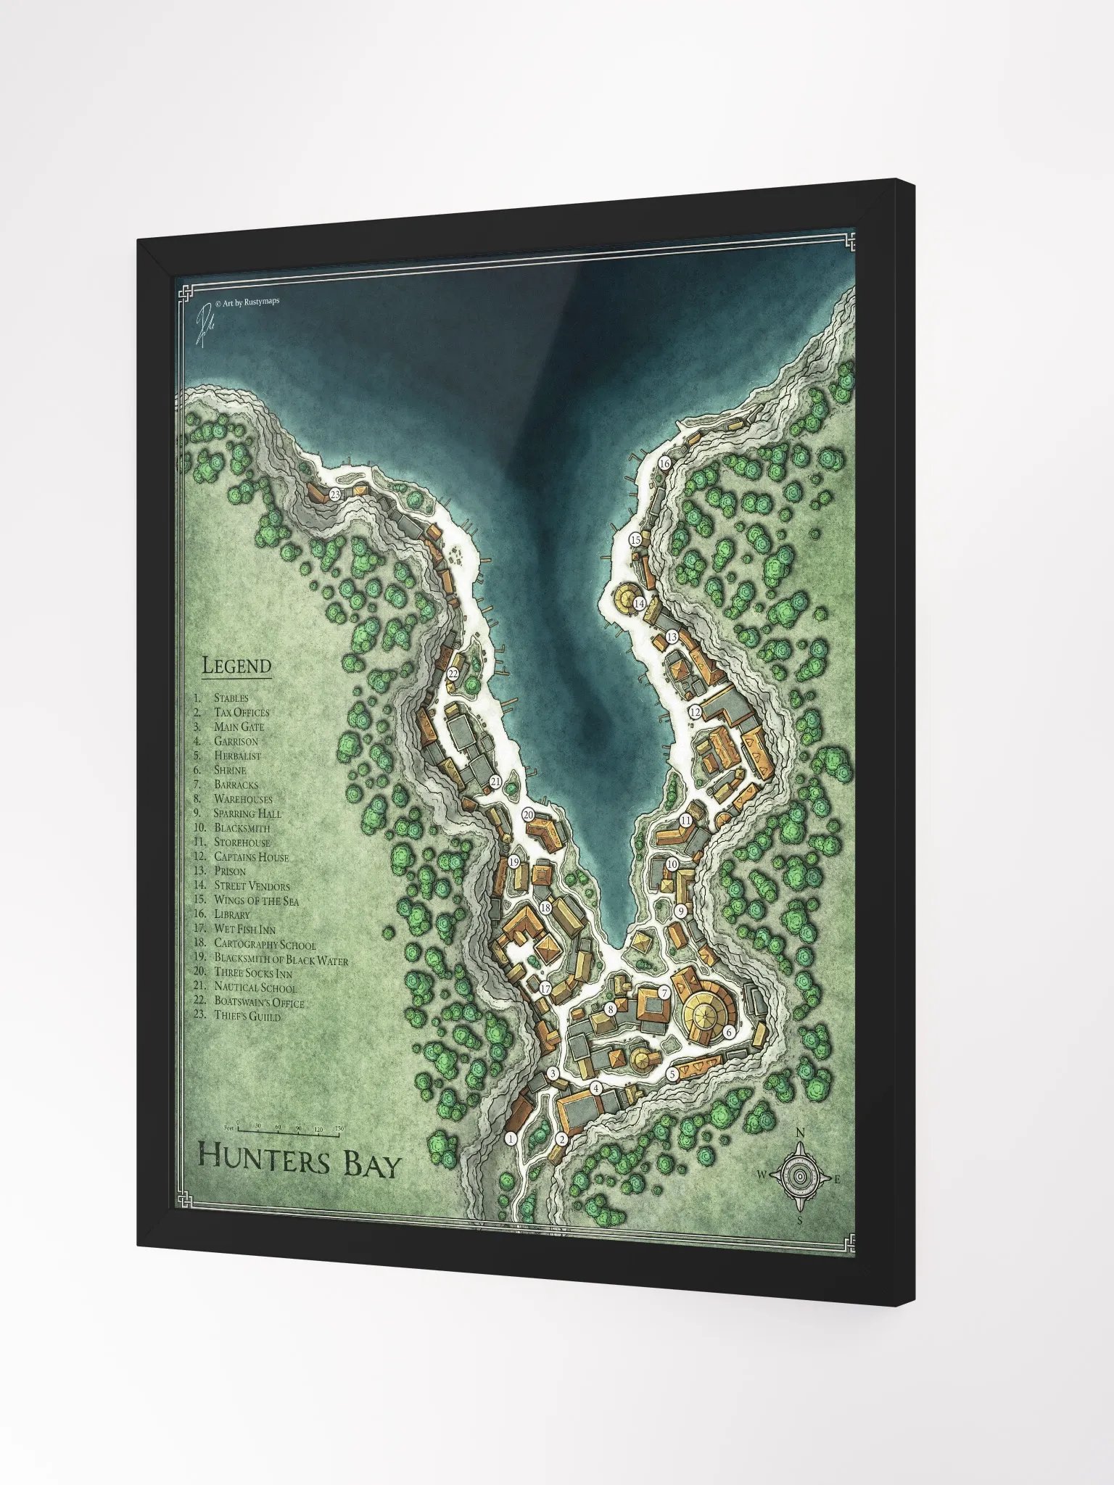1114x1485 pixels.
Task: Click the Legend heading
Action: click(x=236, y=666)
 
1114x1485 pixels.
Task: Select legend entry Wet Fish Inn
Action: click(x=244, y=929)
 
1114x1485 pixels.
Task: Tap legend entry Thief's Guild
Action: click(x=247, y=1016)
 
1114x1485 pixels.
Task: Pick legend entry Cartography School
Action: click(x=265, y=944)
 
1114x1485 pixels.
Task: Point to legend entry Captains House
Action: click(x=251, y=857)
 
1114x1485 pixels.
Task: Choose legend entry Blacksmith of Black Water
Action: click(x=281, y=959)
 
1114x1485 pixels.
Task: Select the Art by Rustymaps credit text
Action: click(x=247, y=301)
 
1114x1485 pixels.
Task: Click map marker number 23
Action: click(x=334, y=495)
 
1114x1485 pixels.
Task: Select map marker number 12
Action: click(x=695, y=712)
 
